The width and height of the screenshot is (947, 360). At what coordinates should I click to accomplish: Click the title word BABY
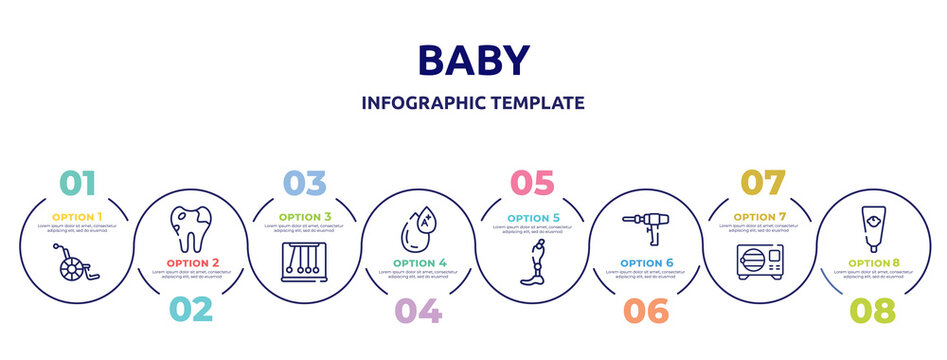coord(473,61)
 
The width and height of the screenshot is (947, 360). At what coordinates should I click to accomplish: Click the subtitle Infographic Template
coord(473,103)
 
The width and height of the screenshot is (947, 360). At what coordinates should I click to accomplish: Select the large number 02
coord(190,310)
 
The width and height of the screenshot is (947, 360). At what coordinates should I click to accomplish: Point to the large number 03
coord(304,183)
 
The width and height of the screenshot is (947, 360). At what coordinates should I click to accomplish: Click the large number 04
coord(417,310)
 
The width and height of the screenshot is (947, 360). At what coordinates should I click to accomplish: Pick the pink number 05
coord(531,183)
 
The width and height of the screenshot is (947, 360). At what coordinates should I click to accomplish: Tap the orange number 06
coord(644,310)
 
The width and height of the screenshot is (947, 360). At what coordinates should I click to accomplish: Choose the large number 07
coord(761,183)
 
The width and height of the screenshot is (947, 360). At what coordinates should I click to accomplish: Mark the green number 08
coord(872,310)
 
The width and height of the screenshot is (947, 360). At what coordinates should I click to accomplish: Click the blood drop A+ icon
coord(417,229)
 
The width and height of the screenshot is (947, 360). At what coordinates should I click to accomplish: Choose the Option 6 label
coord(644,264)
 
